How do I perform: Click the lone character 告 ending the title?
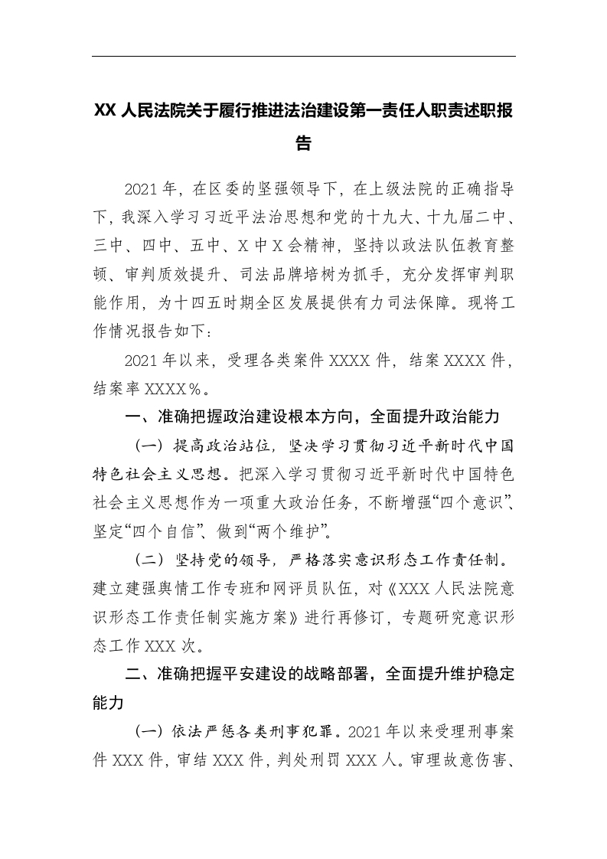(x=303, y=143)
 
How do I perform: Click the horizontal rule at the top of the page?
(x=303, y=56)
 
